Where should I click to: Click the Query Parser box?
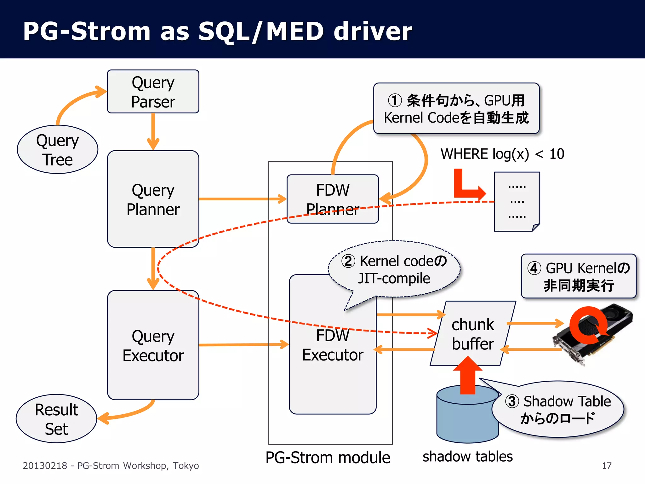[x=153, y=92]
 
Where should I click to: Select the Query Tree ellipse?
[x=57, y=150]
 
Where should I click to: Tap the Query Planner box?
[x=153, y=199]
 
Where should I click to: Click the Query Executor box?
[x=153, y=345]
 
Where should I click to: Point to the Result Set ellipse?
[x=56, y=419]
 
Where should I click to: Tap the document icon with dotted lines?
[x=517, y=202]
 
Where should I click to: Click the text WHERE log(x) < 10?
[x=502, y=154]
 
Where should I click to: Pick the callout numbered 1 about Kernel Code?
[x=456, y=109]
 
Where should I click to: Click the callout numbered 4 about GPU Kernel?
[x=579, y=276]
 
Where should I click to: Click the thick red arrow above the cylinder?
[x=468, y=377]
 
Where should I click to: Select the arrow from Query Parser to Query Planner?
[x=153, y=131]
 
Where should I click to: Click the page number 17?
[x=607, y=466]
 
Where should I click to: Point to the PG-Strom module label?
[x=328, y=458]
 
